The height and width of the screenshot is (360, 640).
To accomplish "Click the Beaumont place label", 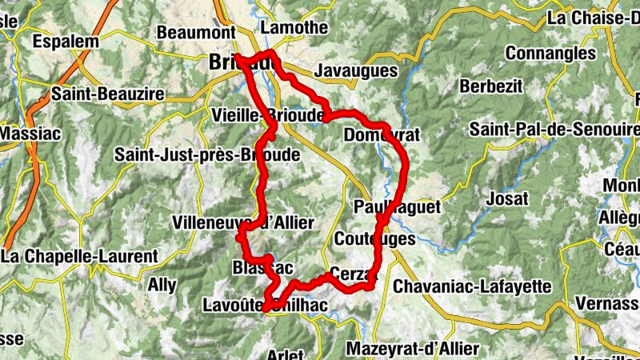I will [195, 32].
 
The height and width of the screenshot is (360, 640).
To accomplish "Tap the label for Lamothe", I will [294, 27].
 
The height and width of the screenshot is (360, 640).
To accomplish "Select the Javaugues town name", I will [356, 71].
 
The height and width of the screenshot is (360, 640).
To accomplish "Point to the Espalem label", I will [66, 42].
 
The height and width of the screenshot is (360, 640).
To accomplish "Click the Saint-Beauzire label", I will [107, 94].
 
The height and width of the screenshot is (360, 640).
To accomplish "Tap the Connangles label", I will [550, 54].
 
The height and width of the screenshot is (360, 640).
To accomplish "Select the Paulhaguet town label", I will [397, 207].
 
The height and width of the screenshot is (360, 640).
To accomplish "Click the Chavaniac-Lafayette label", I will [472, 286].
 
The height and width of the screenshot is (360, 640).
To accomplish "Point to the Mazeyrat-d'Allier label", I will [413, 349].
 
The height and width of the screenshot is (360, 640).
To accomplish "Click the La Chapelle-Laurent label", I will [79, 256].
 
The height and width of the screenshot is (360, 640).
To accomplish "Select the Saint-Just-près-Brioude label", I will [207, 154].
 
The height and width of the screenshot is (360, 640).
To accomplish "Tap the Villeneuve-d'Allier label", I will [243, 222].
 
